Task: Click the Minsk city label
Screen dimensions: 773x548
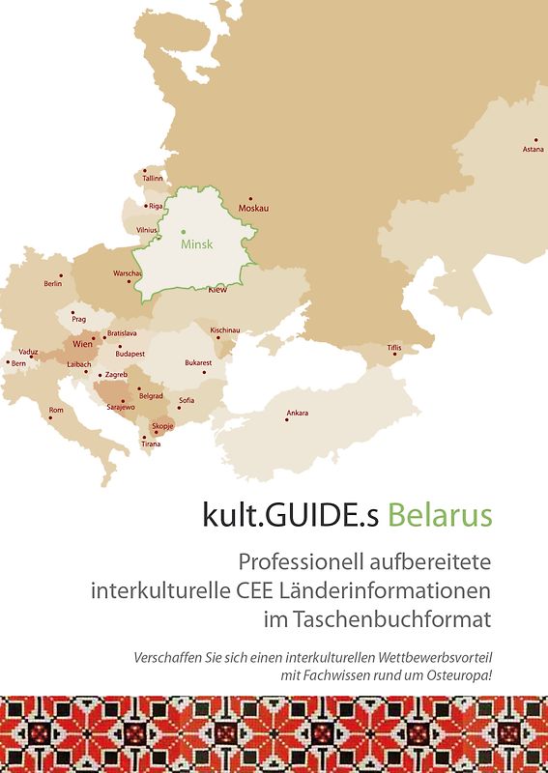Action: (196, 244)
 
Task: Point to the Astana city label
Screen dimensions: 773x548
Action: (533, 150)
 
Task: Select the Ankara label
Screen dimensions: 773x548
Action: (298, 414)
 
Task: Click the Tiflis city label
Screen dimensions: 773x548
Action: (393, 347)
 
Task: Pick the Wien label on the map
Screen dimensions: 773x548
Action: (82, 344)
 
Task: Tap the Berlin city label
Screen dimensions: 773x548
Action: (53, 284)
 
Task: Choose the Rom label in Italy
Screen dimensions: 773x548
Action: (56, 410)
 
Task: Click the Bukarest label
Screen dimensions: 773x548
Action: (198, 363)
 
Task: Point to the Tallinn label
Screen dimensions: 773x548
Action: (153, 179)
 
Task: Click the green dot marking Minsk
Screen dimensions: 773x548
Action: (184, 232)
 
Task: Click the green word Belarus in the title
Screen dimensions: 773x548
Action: (440, 515)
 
